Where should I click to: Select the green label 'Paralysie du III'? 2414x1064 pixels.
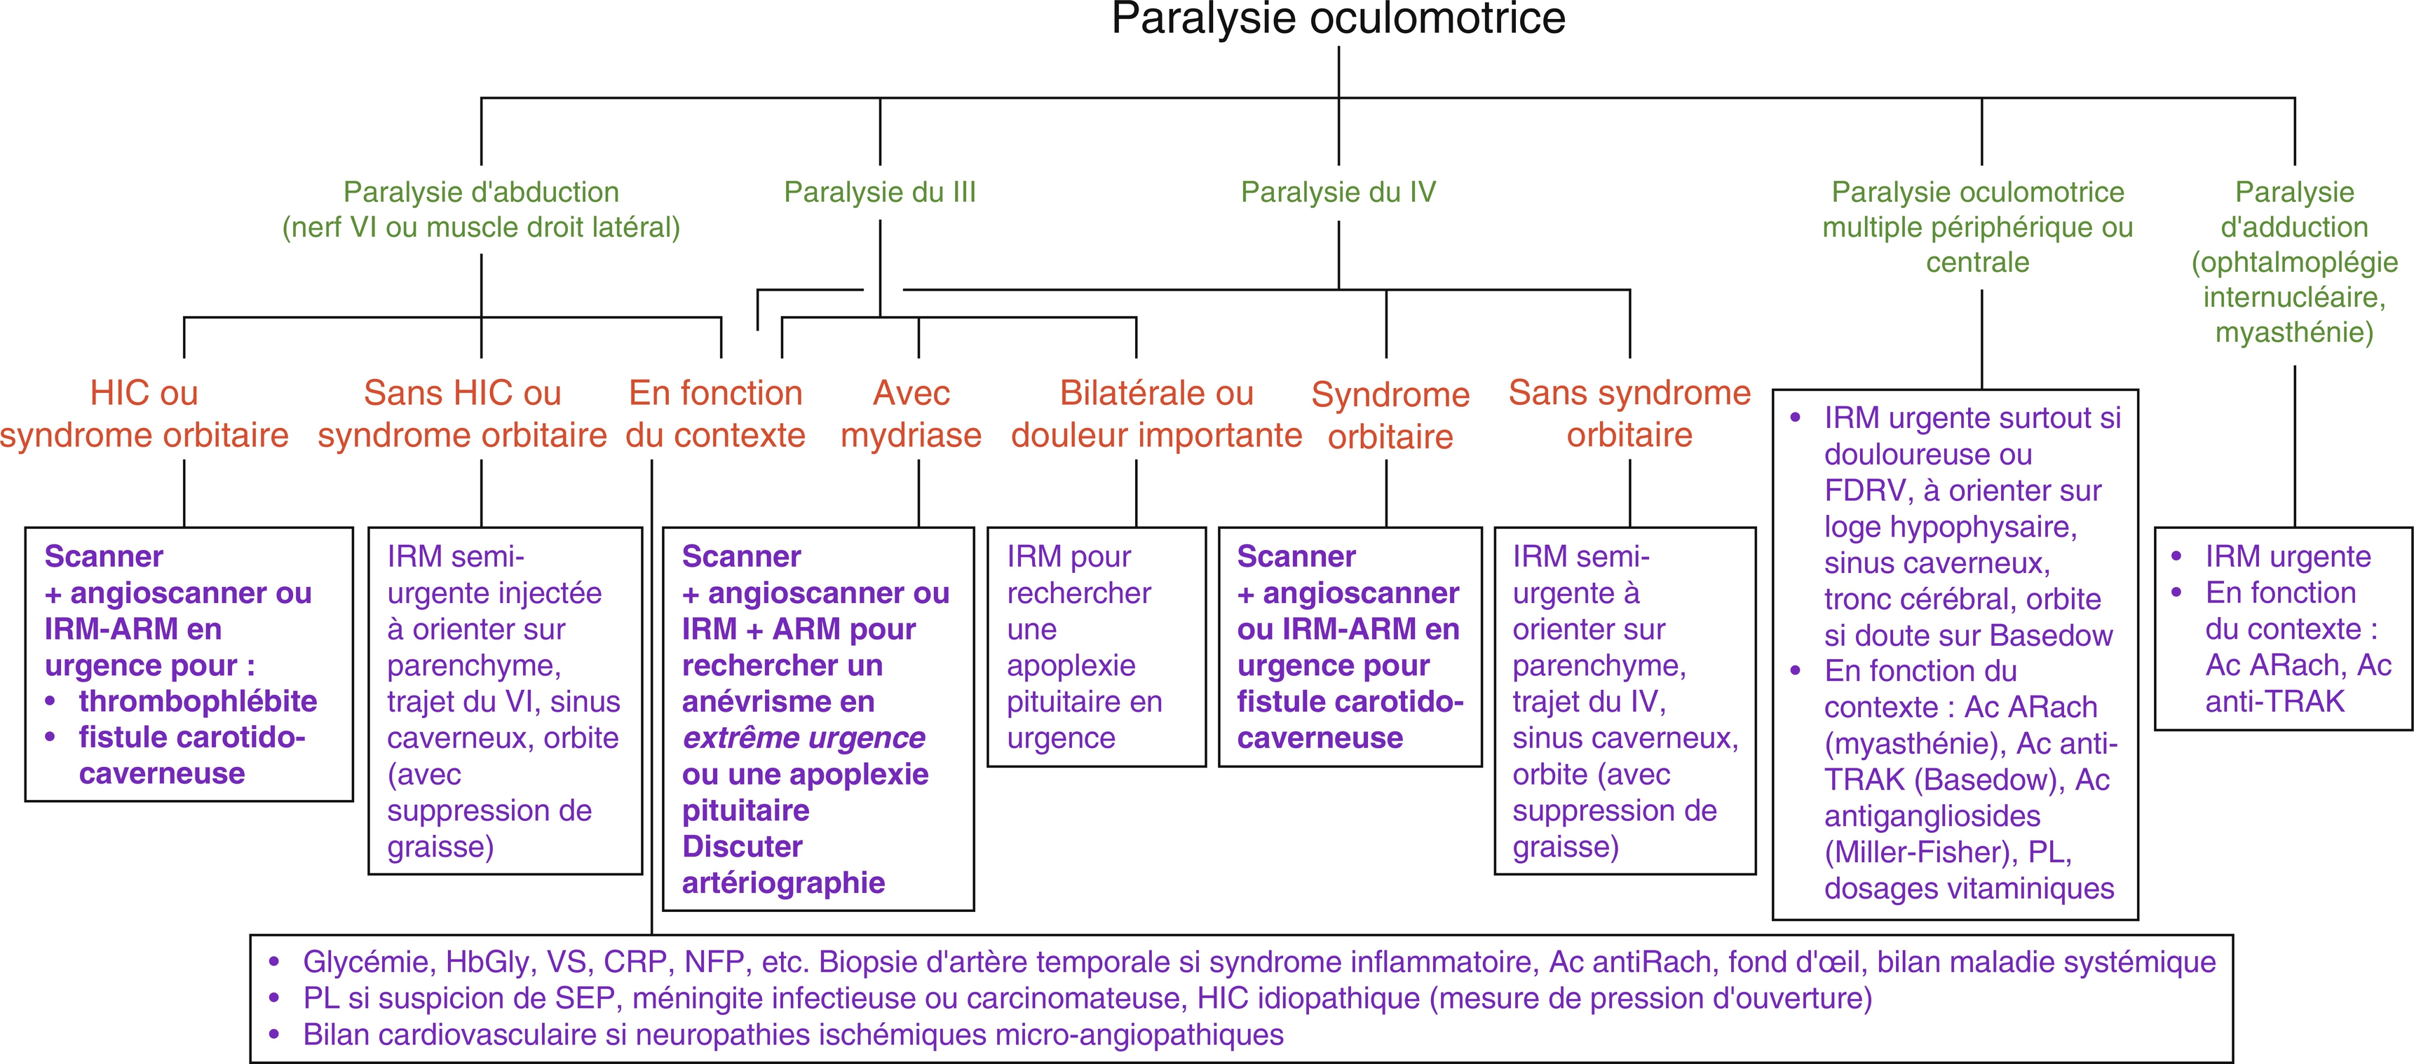click(x=879, y=192)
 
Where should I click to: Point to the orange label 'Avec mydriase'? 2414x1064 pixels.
click(x=911, y=414)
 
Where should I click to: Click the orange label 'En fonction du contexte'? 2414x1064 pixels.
click(x=715, y=414)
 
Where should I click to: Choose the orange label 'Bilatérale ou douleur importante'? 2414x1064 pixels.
click(x=1155, y=414)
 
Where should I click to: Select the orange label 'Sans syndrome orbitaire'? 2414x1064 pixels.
click(x=1629, y=414)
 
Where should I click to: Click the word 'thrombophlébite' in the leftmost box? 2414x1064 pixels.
click(x=198, y=702)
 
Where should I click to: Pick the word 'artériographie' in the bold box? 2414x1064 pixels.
click(x=783, y=883)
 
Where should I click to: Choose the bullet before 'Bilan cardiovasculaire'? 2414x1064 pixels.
click(x=273, y=1035)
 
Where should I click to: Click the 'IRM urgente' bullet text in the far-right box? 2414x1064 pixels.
click(x=2288, y=556)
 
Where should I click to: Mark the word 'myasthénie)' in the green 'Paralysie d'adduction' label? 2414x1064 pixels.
click(x=2293, y=333)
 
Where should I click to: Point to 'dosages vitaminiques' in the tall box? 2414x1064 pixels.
click(x=1969, y=889)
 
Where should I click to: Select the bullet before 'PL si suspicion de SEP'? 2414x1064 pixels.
click(x=273, y=998)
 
